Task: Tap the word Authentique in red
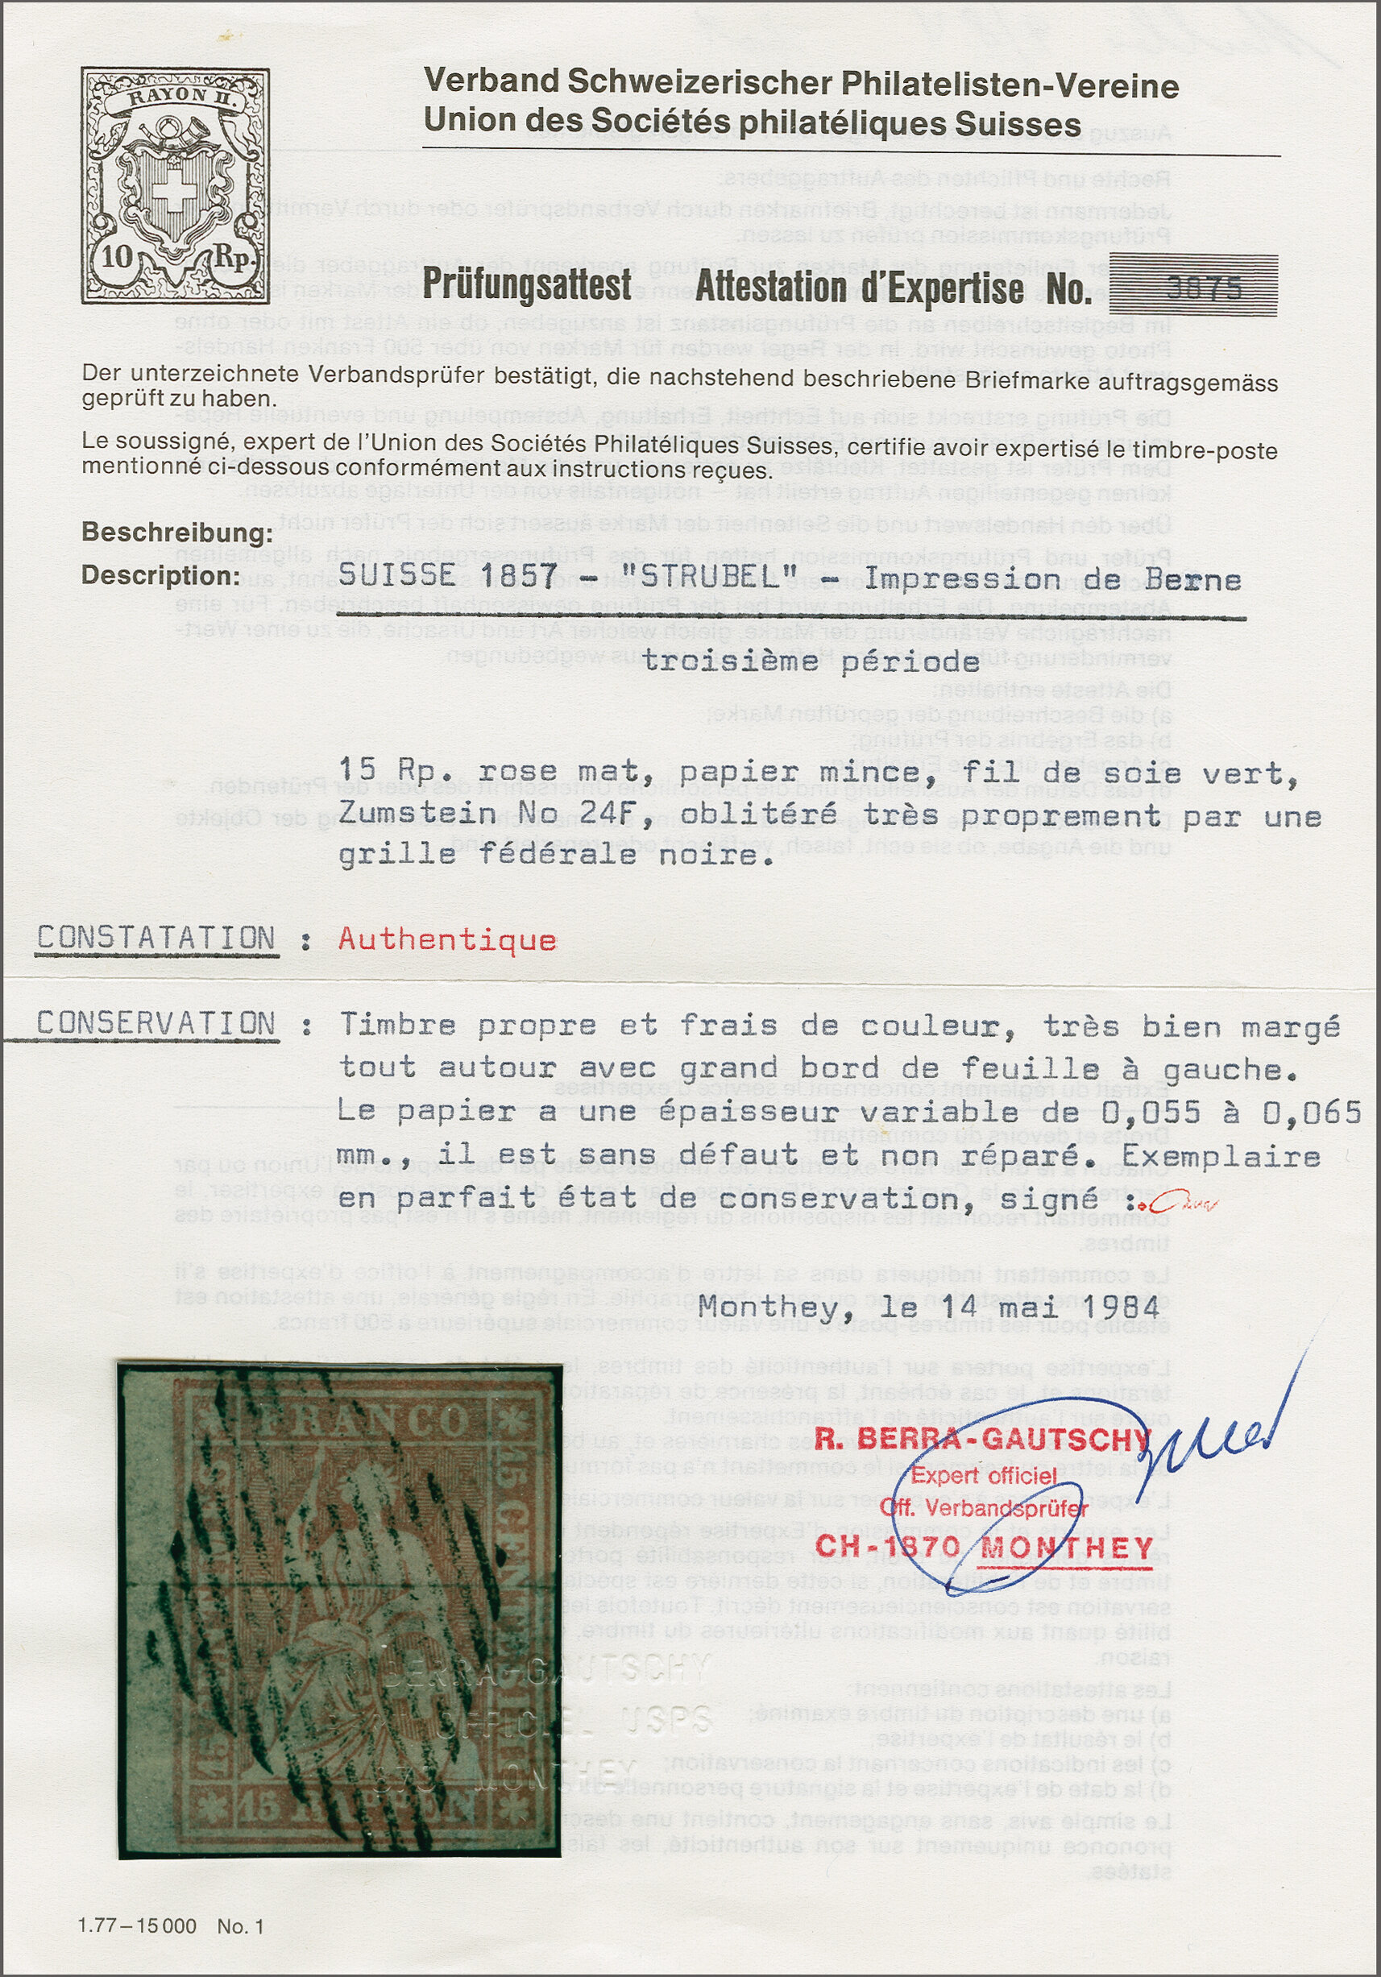447,939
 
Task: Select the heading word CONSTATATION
156,938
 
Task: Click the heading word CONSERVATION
156,1023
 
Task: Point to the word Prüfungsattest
527,285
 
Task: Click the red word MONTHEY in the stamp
1067,1548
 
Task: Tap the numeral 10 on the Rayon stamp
118,255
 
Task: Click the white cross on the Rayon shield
172,196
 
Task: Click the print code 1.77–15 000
137,1926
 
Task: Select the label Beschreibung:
177,533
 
